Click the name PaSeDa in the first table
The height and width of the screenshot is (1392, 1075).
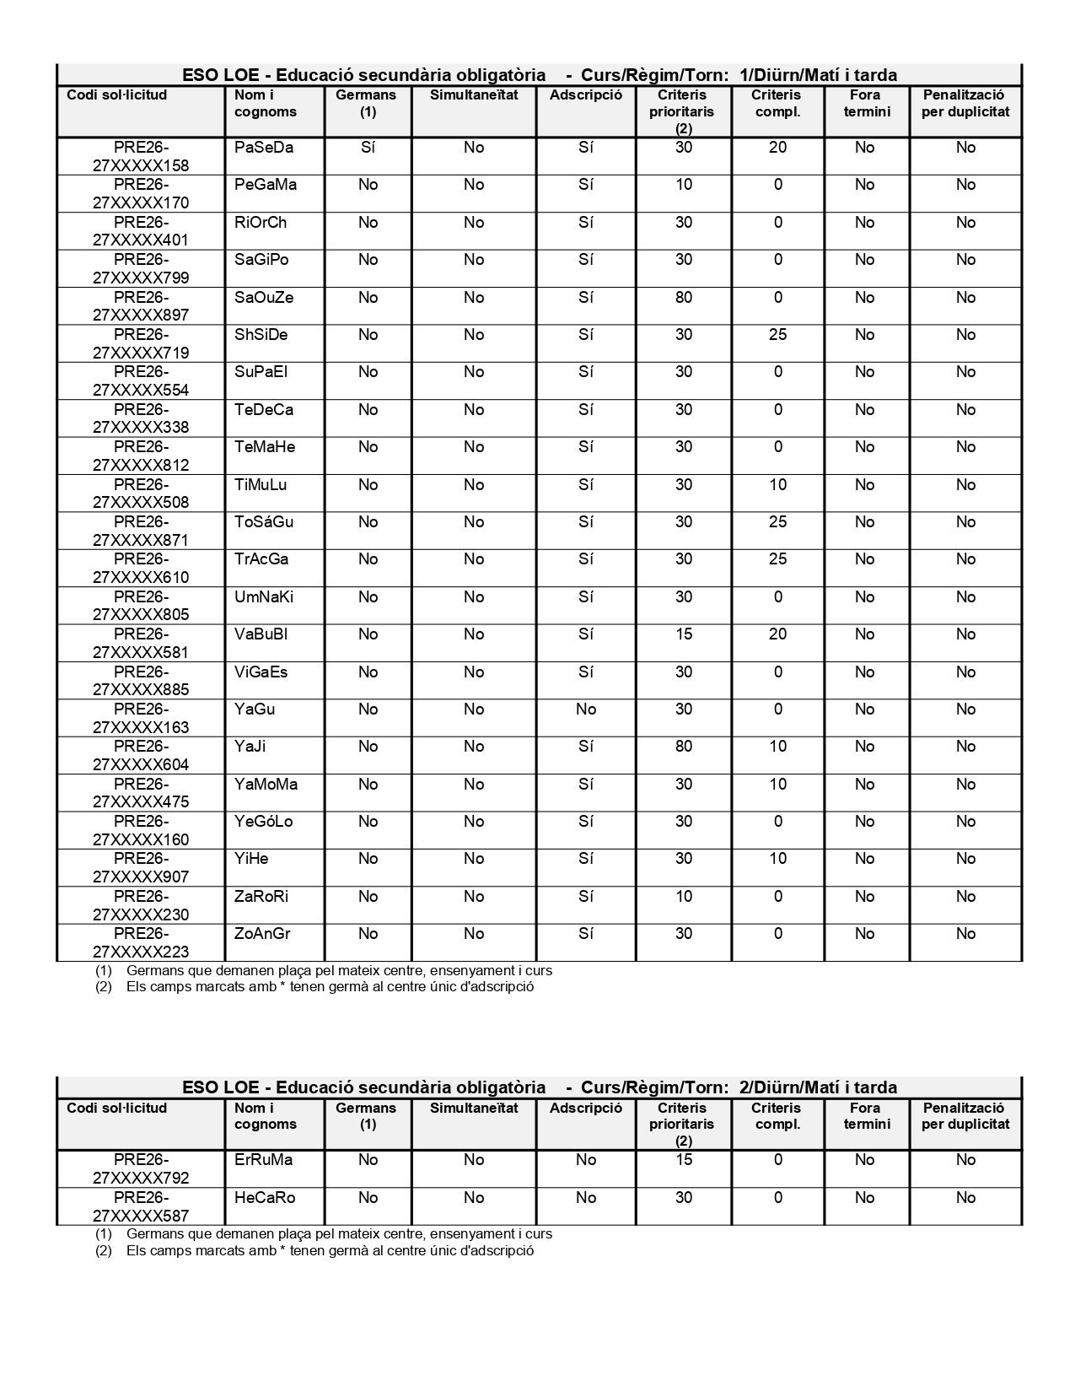(x=264, y=148)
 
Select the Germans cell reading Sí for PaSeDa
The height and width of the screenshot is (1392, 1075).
(x=368, y=148)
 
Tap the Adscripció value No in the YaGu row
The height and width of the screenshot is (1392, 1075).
(x=586, y=709)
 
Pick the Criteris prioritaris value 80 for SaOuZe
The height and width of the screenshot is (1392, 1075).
(x=684, y=298)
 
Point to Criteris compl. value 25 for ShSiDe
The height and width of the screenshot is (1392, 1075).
(x=777, y=335)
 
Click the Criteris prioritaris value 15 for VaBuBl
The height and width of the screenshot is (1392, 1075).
(x=684, y=634)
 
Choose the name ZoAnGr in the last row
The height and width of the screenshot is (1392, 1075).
(x=262, y=934)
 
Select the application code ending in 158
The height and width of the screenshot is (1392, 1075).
(x=141, y=157)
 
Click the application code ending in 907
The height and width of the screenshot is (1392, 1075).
(x=141, y=868)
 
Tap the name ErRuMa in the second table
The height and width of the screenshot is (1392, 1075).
(x=263, y=1160)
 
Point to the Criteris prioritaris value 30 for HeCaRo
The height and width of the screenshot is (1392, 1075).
(x=684, y=1198)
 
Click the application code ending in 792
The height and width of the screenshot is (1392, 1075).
(x=141, y=1169)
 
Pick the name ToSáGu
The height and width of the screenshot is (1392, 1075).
(x=264, y=522)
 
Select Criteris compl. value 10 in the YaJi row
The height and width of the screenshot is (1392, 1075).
(x=777, y=747)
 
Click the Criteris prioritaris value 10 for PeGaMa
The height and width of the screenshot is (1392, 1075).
(x=684, y=185)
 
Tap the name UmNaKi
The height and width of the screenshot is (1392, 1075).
(x=264, y=597)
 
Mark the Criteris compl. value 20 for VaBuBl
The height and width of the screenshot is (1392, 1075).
(x=777, y=634)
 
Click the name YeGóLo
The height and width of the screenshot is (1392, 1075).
(x=263, y=822)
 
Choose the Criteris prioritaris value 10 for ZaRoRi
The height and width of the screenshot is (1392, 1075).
(x=684, y=897)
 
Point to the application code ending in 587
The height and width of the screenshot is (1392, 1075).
(x=141, y=1207)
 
